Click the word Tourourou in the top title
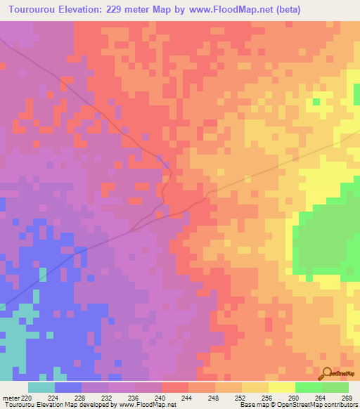(x=32, y=10)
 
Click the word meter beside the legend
(x=9, y=398)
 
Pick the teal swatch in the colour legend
(x=41, y=387)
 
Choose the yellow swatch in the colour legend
(x=281, y=387)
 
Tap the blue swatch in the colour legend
(x=68, y=387)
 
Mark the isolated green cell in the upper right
(x=316, y=102)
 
